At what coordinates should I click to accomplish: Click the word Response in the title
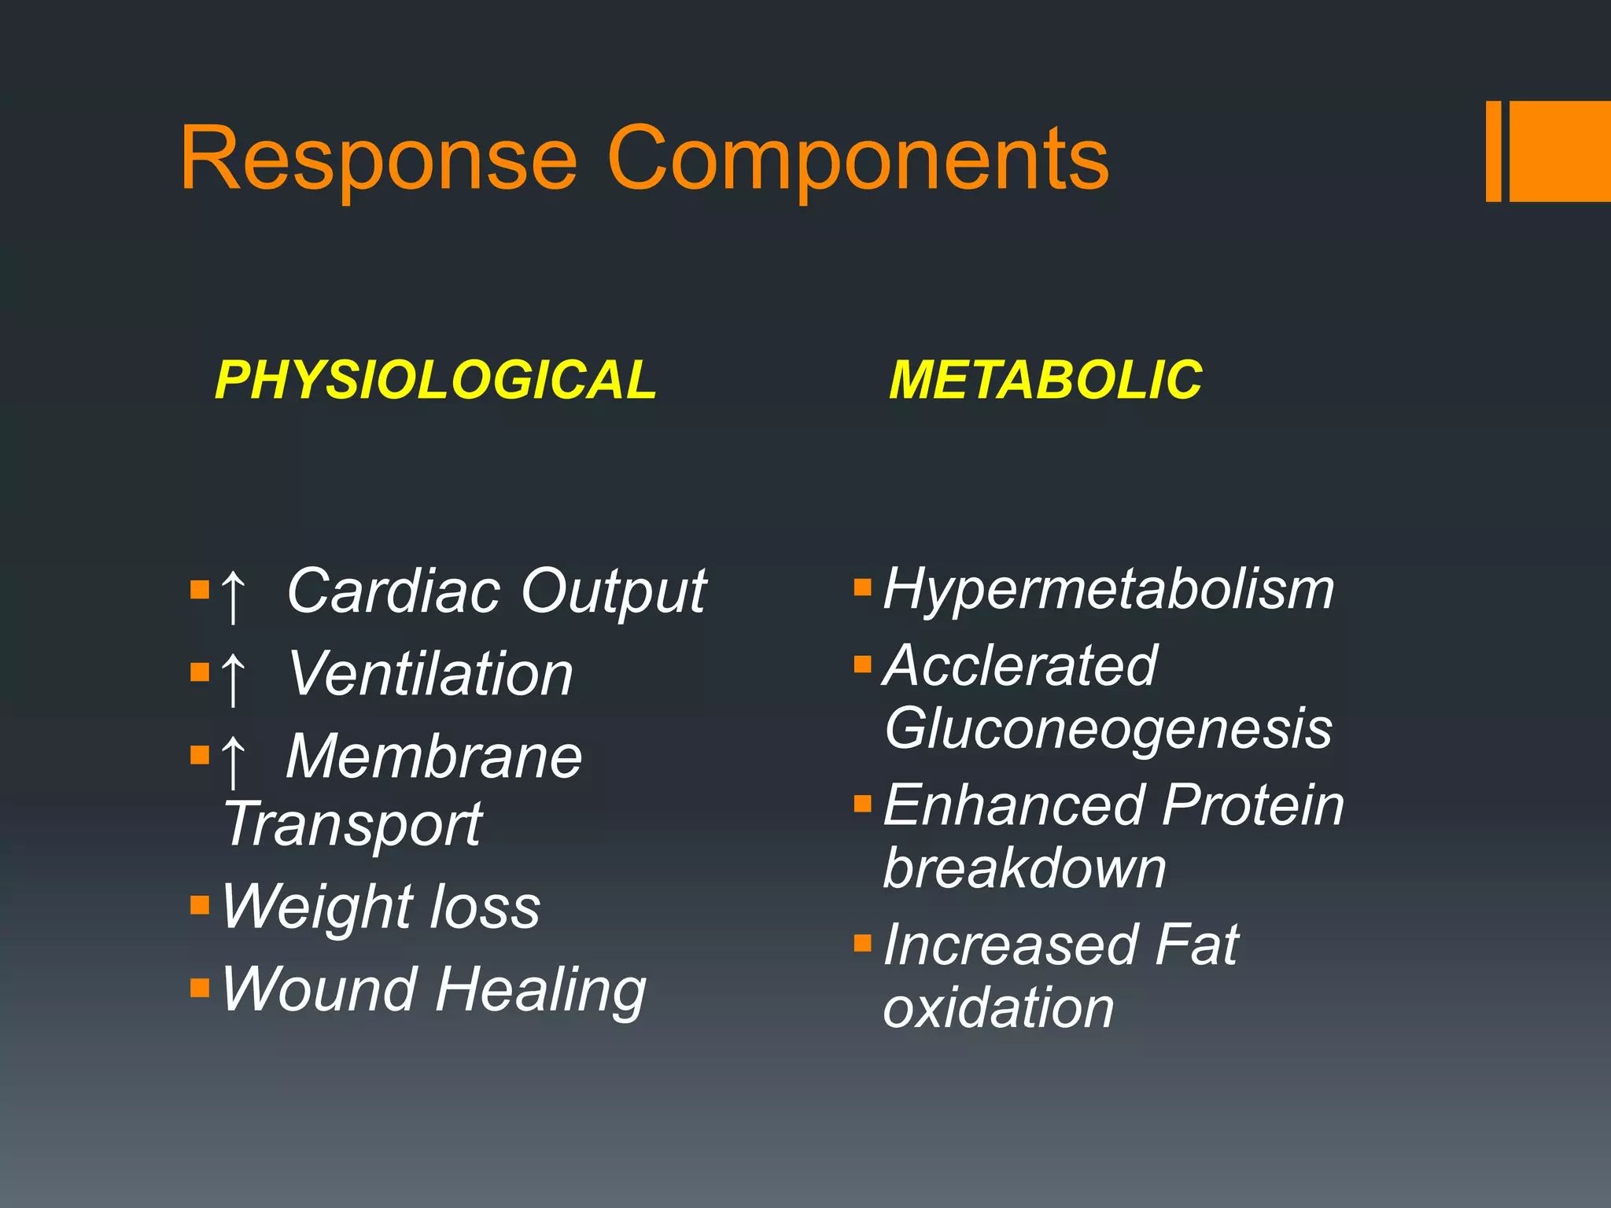(x=378, y=160)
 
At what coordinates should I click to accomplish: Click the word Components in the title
(x=857, y=160)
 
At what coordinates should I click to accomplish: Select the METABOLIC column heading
(x=1045, y=381)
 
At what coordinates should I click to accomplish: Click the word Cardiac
(x=393, y=591)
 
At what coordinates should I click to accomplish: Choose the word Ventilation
(x=430, y=675)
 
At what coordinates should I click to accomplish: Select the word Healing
(x=540, y=991)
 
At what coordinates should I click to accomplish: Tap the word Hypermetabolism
(x=1108, y=590)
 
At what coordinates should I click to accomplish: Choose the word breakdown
(x=1024, y=869)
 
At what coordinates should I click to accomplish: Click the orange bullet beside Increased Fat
(x=863, y=942)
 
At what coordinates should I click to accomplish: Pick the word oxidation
(x=998, y=1008)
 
